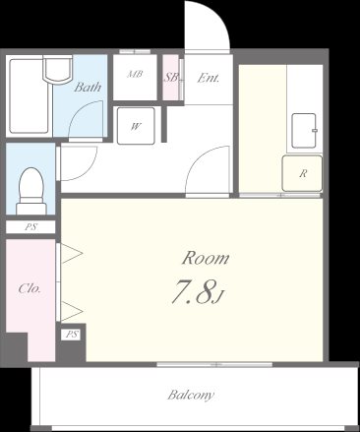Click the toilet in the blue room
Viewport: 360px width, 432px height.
(31, 190)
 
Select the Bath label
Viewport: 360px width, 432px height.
(88, 88)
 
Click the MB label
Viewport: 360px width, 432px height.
(135, 74)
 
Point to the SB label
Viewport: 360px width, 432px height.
(171, 78)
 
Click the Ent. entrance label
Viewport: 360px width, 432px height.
(209, 78)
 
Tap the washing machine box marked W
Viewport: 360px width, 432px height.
(136, 126)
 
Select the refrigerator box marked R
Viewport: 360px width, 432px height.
(302, 173)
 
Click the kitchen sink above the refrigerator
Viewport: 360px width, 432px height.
(304, 131)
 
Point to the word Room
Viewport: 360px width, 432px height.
(206, 258)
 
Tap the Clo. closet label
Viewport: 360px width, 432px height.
(30, 288)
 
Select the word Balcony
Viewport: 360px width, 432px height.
(191, 395)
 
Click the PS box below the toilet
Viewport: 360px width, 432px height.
(30, 226)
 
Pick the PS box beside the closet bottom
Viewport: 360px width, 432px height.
(71, 335)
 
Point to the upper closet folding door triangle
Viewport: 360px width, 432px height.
(72, 253)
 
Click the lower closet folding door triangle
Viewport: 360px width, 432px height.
(72, 311)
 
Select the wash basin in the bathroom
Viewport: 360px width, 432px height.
(58, 70)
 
